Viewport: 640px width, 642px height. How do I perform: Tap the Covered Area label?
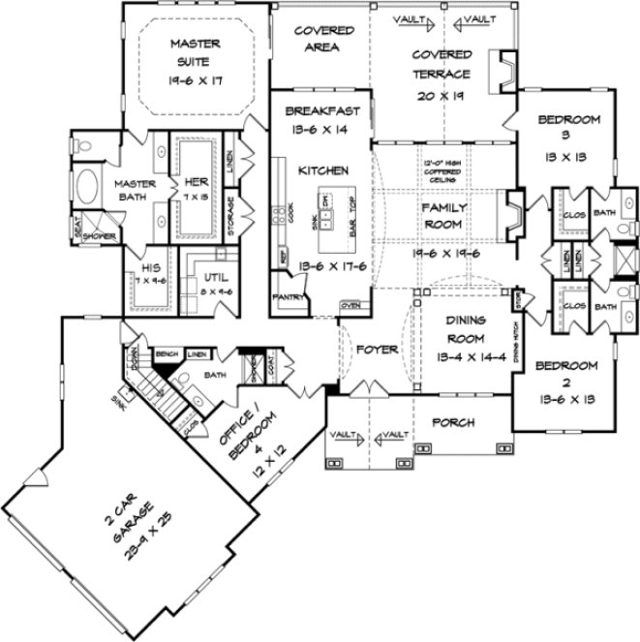coord(324,38)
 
